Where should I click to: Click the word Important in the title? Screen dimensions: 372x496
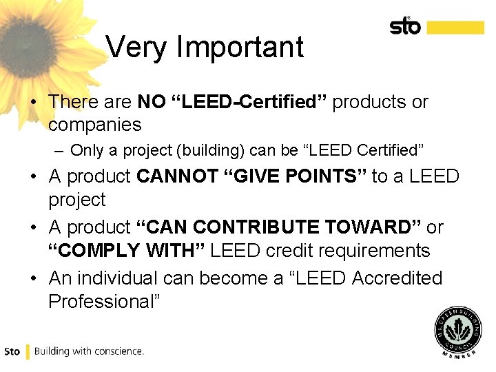click(240, 48)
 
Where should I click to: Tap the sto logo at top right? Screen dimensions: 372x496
click(405, 27)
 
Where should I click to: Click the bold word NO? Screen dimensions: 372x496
click(152, 102)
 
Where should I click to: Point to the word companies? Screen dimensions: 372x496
click(95, 125)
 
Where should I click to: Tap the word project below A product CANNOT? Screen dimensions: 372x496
click(77, 200)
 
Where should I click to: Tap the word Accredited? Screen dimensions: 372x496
click(397, 278)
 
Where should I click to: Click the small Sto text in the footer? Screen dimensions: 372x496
click(12, 351)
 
